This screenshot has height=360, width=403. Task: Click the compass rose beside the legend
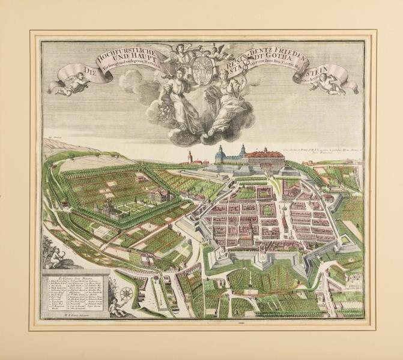point(127,294)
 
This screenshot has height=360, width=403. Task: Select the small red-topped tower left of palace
point(190,157)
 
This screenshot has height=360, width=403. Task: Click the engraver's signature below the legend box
point(63,321)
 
